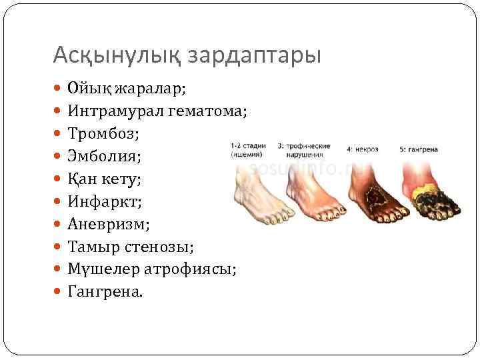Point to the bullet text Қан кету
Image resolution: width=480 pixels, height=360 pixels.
coord(105,179)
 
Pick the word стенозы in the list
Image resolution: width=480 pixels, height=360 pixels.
coord(161,247)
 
